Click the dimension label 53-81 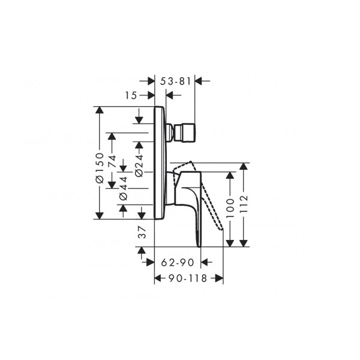[x=176, y=81]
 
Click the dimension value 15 [x=131, y=95]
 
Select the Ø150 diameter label [x=100, y=168]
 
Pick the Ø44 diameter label [x=123, y=188]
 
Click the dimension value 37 [x=142, y=232]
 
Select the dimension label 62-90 [x=178, y=262]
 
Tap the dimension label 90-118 [x=188, y=278]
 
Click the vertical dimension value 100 [x=230, y=208]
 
